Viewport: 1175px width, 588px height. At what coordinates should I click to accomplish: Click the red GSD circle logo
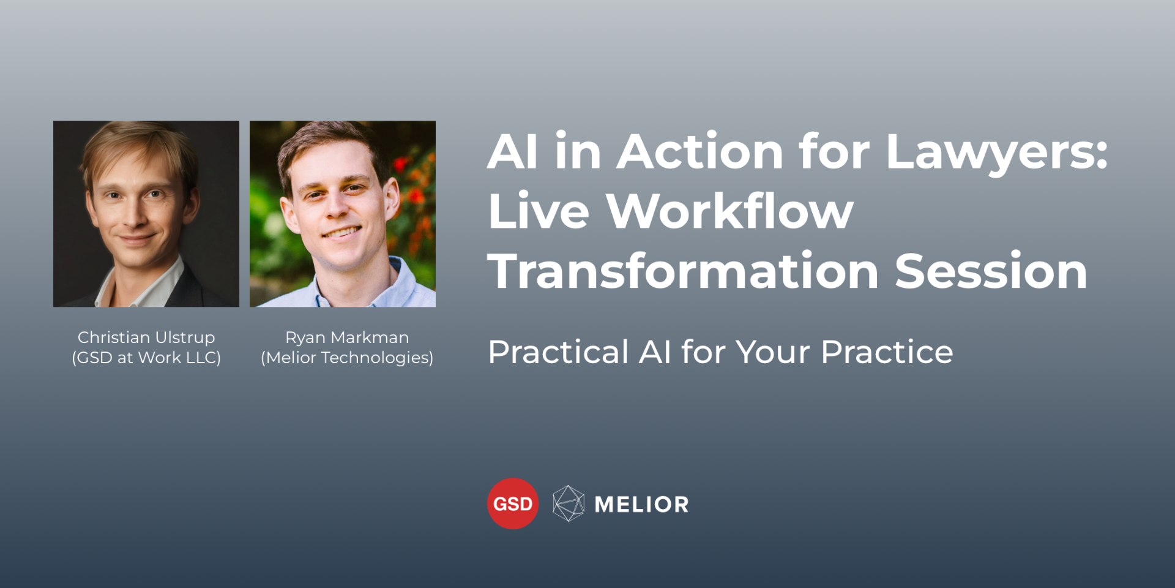(512, 503)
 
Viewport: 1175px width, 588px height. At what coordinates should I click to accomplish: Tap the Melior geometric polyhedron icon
(568, 503)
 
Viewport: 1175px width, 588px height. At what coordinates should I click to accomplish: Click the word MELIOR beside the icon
(641, 505)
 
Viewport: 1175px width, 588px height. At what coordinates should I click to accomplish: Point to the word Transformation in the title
(683, 271)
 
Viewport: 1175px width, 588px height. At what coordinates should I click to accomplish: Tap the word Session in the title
(991, 271)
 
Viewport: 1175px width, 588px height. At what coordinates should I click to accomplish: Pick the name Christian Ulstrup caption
(146, 337)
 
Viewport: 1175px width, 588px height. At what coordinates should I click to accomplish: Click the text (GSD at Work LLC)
(146, 358)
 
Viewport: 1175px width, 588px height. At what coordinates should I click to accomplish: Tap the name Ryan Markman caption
(347, 337)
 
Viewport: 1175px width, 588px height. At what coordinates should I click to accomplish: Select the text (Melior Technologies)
(347, 358)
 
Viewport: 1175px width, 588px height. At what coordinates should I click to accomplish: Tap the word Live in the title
(539, 212)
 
